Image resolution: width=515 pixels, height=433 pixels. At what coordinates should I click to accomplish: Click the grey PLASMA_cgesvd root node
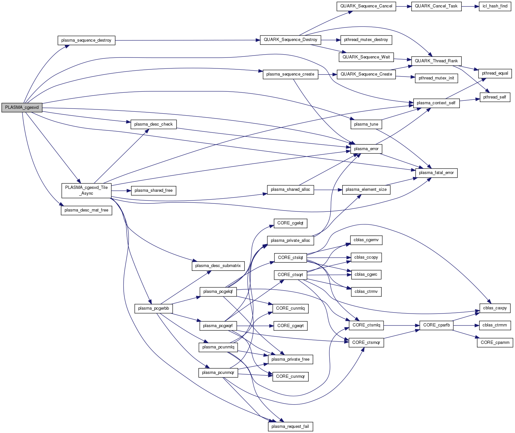click(22, 108)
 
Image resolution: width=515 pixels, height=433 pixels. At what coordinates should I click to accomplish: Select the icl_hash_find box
click(495, 6)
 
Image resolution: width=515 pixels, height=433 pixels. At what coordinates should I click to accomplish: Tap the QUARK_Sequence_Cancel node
click(366, 6)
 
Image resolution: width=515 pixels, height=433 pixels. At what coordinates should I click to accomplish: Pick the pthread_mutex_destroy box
click(366, 40)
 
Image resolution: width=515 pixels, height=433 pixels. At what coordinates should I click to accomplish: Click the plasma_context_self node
click(436, 103)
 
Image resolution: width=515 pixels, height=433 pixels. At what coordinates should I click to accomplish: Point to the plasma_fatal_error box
click(436, 173)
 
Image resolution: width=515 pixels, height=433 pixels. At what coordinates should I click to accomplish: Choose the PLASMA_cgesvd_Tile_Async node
click(86, 191)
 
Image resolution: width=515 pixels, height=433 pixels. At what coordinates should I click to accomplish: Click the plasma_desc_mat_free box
click(86, 210)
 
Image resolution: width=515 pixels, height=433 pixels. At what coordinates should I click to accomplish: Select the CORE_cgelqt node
click(290, 223)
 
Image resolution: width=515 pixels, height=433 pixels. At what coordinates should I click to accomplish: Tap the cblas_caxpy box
click(495, 308)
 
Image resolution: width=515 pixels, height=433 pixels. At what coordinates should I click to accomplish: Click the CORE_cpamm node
click(495, 343)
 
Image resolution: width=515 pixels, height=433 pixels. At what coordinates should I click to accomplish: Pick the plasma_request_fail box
click(290, 427)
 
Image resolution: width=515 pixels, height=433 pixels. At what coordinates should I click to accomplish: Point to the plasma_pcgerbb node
click(153, 308)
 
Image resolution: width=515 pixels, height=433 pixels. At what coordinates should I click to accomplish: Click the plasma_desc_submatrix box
click(218, 266)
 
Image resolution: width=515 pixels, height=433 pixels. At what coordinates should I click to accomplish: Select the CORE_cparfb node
click(436, 325)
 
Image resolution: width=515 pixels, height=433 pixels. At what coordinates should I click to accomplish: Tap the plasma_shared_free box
click(153, 191)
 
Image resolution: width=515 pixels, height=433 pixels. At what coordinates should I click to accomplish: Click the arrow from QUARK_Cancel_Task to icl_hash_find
click(470, 6)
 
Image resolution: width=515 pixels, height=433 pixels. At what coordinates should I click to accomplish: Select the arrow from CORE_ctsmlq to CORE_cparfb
click(402, 325)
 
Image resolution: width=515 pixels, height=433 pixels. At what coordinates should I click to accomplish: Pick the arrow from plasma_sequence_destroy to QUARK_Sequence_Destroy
click(187, 40)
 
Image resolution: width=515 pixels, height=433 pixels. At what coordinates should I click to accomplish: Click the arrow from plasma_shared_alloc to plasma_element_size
click(328, 190)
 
